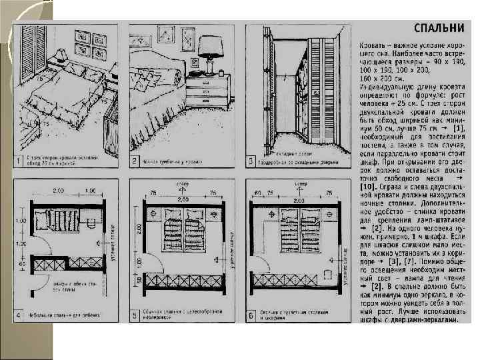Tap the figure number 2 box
pos(133,161)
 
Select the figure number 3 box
pos(251,161)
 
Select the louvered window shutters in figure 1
pos(31,47)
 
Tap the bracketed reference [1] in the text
pos(458,126)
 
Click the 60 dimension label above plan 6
pos(256,194)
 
